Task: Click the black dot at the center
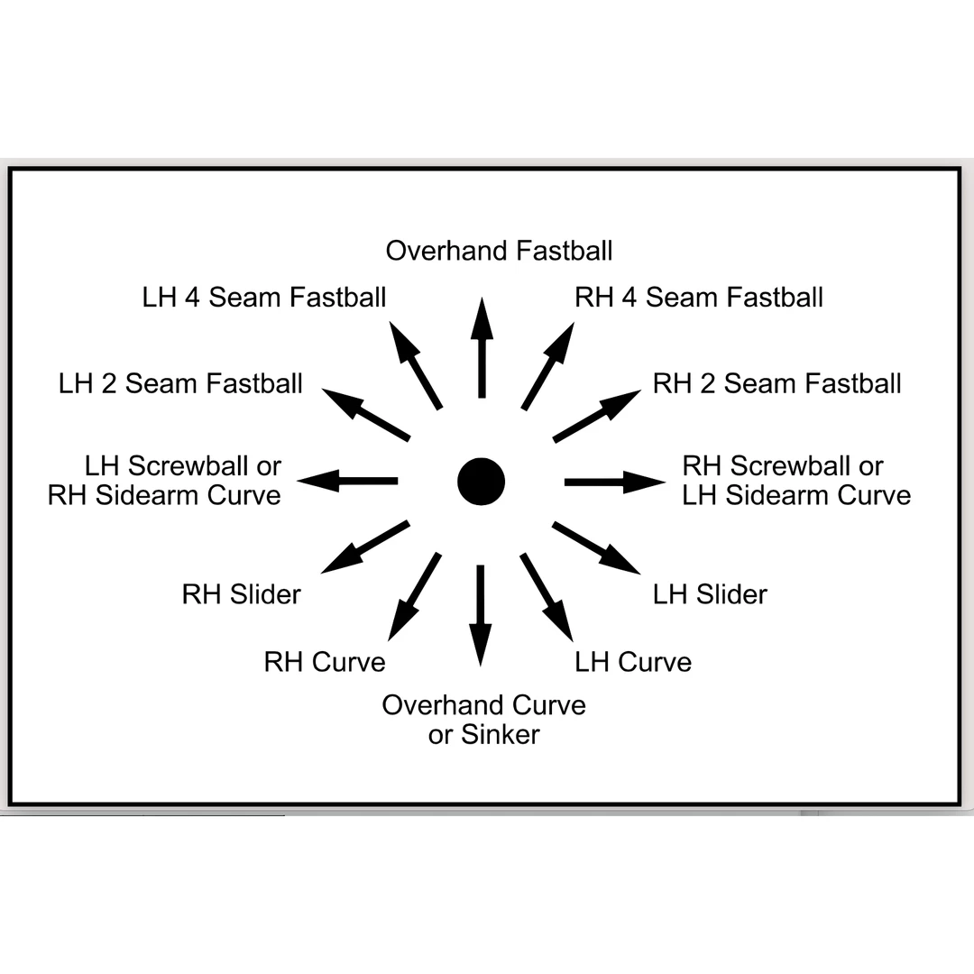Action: [x=481, y=482]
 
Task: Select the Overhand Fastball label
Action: [x=499, y=251]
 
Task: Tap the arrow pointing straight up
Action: [x=482, y=347]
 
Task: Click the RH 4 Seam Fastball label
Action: [x=699, y=297]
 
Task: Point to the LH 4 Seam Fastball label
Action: [x=264, y=297]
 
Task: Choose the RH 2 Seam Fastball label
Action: [x=776, y=383]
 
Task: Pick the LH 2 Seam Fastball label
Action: [x=180, y=383]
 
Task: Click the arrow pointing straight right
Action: [x=615, y=482]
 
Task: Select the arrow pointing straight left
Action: [x=347, y=481]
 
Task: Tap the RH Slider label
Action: [x=241, y=594]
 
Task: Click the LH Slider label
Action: [x=710, y=594]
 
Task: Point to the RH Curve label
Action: [x=325, y=662]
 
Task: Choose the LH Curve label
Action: [x=633, y=662]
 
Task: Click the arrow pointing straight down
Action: [x=480, y=616]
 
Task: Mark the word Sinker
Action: [x=500, y=735]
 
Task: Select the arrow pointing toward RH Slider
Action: [x=365, y=547]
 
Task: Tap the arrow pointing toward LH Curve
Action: [x=547, y=597]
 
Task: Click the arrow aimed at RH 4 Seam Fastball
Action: [x=548, y=366]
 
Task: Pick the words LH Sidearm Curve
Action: [x=796, y=496]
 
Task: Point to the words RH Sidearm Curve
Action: [x=165, y=496]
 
